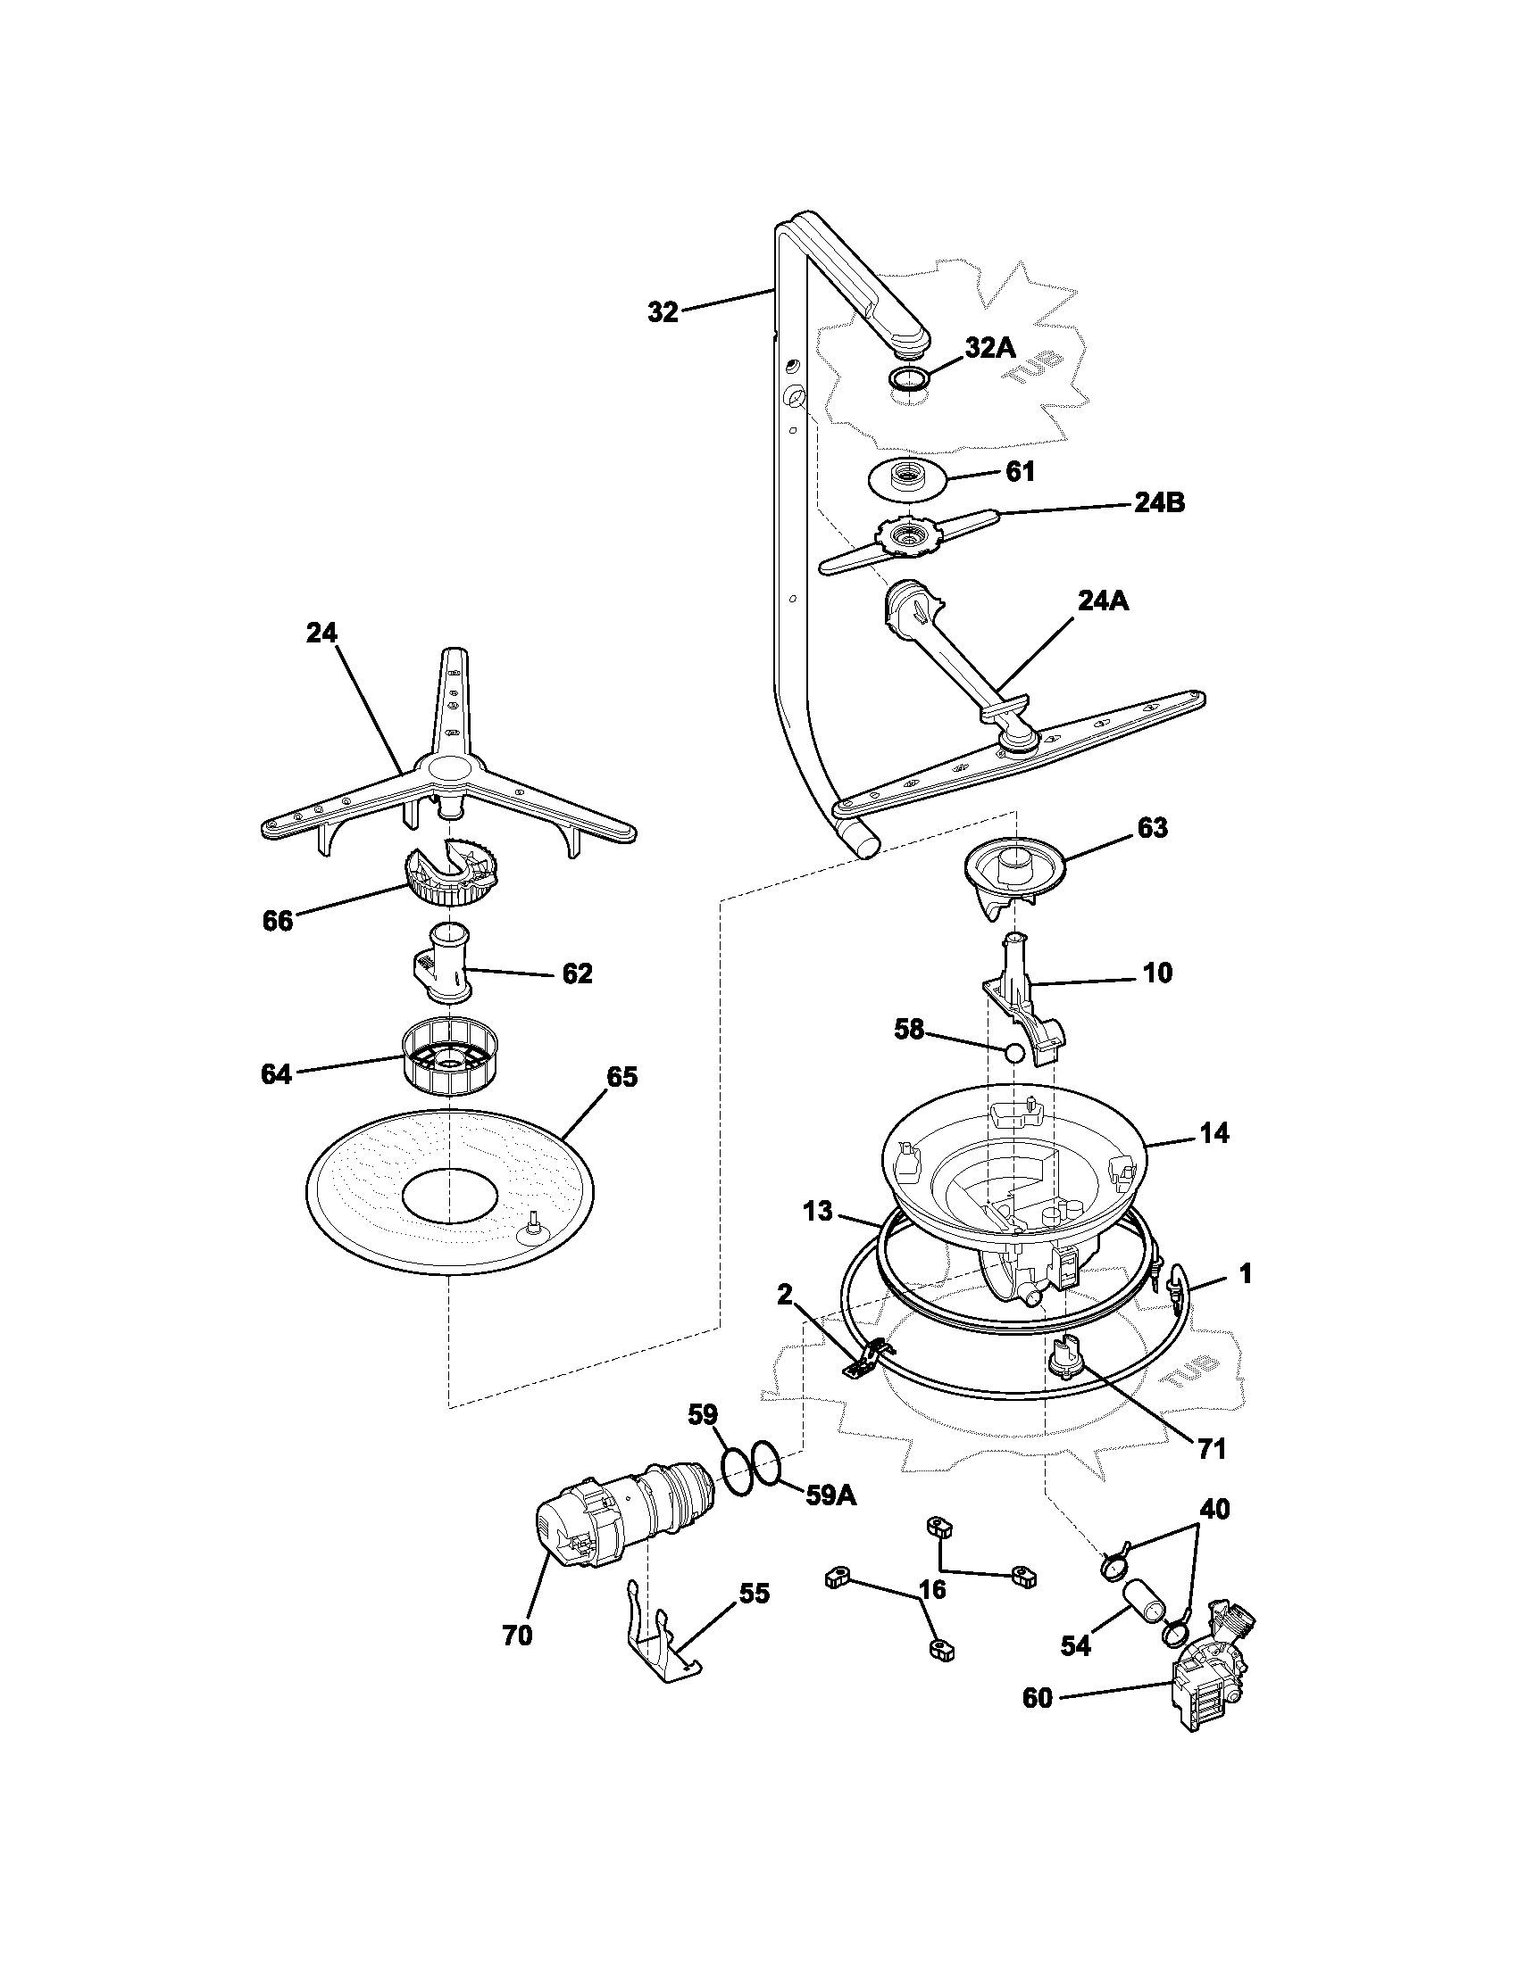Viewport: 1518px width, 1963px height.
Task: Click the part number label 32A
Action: coord(990,348)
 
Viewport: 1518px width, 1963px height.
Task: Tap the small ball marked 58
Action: coord(1013,1054)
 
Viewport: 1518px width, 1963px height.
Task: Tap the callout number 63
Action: coord(1152,828)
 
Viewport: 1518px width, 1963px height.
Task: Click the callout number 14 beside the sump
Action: coord(1214,1133)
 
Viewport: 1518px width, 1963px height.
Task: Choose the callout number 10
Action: coord(1158,973)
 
